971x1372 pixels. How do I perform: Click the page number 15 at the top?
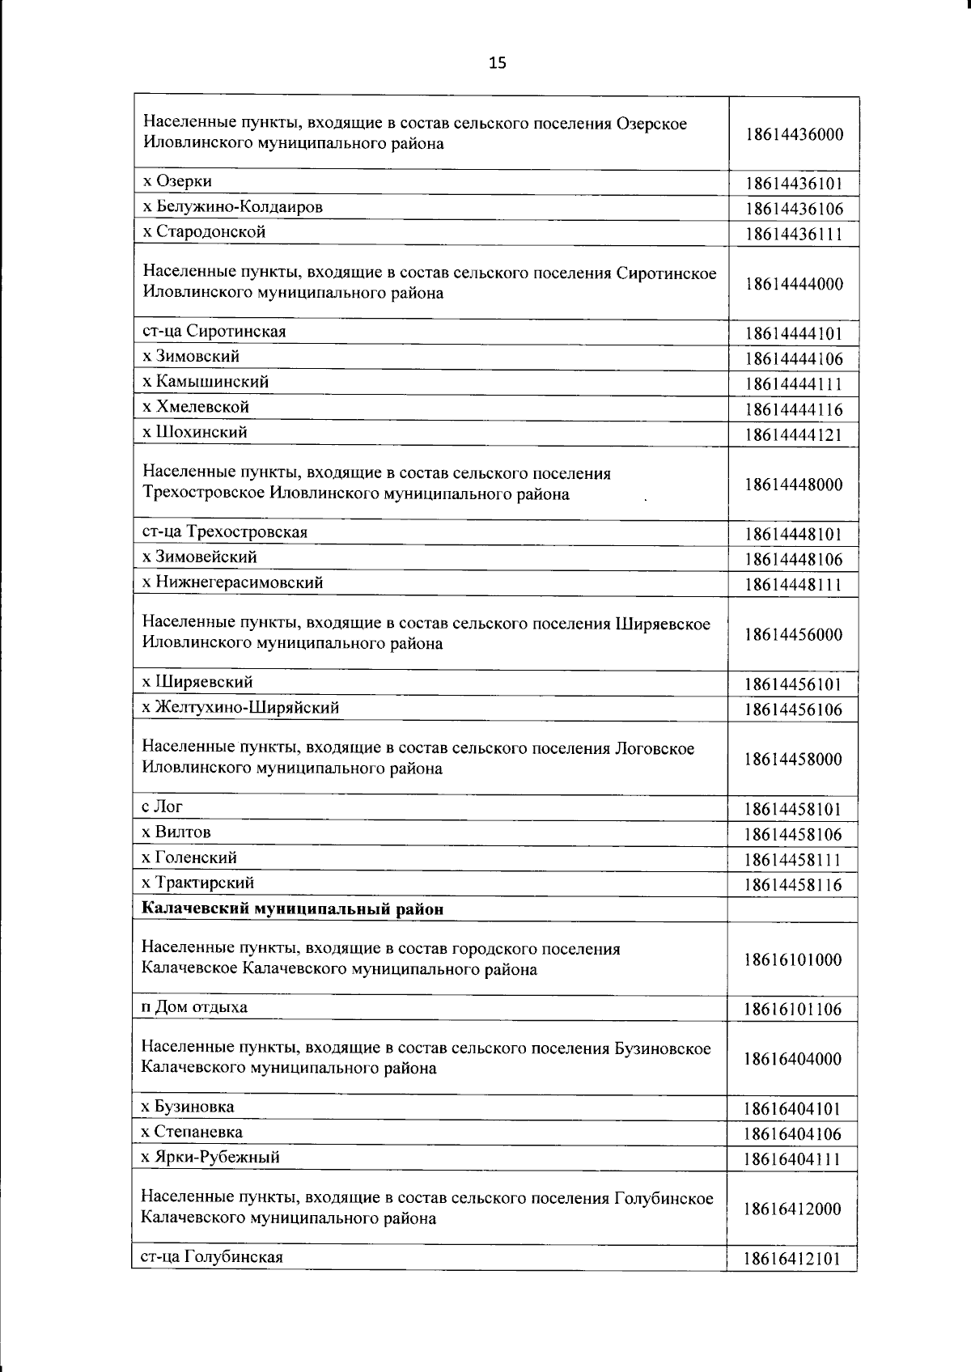497,62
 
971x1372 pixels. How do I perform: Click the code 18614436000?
794,134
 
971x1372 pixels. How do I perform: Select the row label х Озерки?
177,181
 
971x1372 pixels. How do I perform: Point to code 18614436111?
794,235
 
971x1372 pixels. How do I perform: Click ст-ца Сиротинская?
214,331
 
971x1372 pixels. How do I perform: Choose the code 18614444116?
794,409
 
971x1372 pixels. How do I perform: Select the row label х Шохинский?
194,432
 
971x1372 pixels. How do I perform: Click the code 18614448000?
794,485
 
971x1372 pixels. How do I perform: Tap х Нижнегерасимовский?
232,582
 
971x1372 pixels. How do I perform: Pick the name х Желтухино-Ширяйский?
240,707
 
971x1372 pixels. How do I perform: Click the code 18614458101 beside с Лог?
793,809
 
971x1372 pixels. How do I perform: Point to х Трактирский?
197,882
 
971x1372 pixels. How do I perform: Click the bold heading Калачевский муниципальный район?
292,908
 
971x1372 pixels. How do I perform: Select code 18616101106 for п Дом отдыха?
793,1009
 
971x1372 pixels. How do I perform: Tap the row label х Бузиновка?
188,1106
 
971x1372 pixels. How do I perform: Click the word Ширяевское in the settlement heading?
664,624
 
